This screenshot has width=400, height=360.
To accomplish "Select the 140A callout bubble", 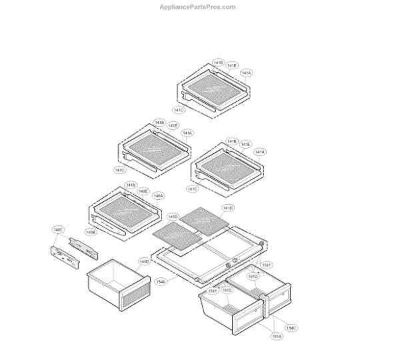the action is tap(158, 196).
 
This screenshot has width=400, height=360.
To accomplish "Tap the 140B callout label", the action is tap(91, 232).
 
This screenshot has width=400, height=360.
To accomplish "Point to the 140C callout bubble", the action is tap(58, 229).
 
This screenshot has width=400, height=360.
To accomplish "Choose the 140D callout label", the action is tap(144, 261).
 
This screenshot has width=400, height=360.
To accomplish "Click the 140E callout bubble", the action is tap(143, 191).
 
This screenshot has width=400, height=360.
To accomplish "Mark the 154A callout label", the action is tap(161, 282).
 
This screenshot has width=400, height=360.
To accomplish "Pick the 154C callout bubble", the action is tap(291, 327).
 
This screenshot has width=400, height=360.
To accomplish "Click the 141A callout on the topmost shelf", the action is tap(246, 73).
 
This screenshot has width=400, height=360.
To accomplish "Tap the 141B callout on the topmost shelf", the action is tap(219, 63).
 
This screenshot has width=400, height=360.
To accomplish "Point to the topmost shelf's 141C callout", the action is tap(179, 110).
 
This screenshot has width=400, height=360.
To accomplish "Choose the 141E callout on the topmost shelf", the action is tap(232, 65).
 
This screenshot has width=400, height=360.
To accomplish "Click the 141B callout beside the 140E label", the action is tap(131, 185).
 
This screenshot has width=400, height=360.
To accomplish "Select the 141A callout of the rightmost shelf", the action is tap(260, 152).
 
